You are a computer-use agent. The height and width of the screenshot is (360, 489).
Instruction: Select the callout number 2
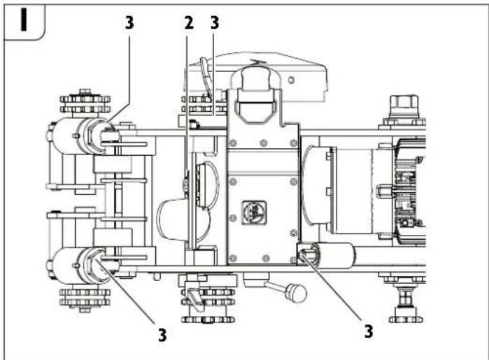pyautogui.click(x=187, y=22)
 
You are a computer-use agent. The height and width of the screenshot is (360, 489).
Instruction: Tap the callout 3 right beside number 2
pyautogui.click(x=215, y=22)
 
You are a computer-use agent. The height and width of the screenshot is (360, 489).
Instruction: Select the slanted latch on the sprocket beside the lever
pyautogui.click(x=194, y=299)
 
